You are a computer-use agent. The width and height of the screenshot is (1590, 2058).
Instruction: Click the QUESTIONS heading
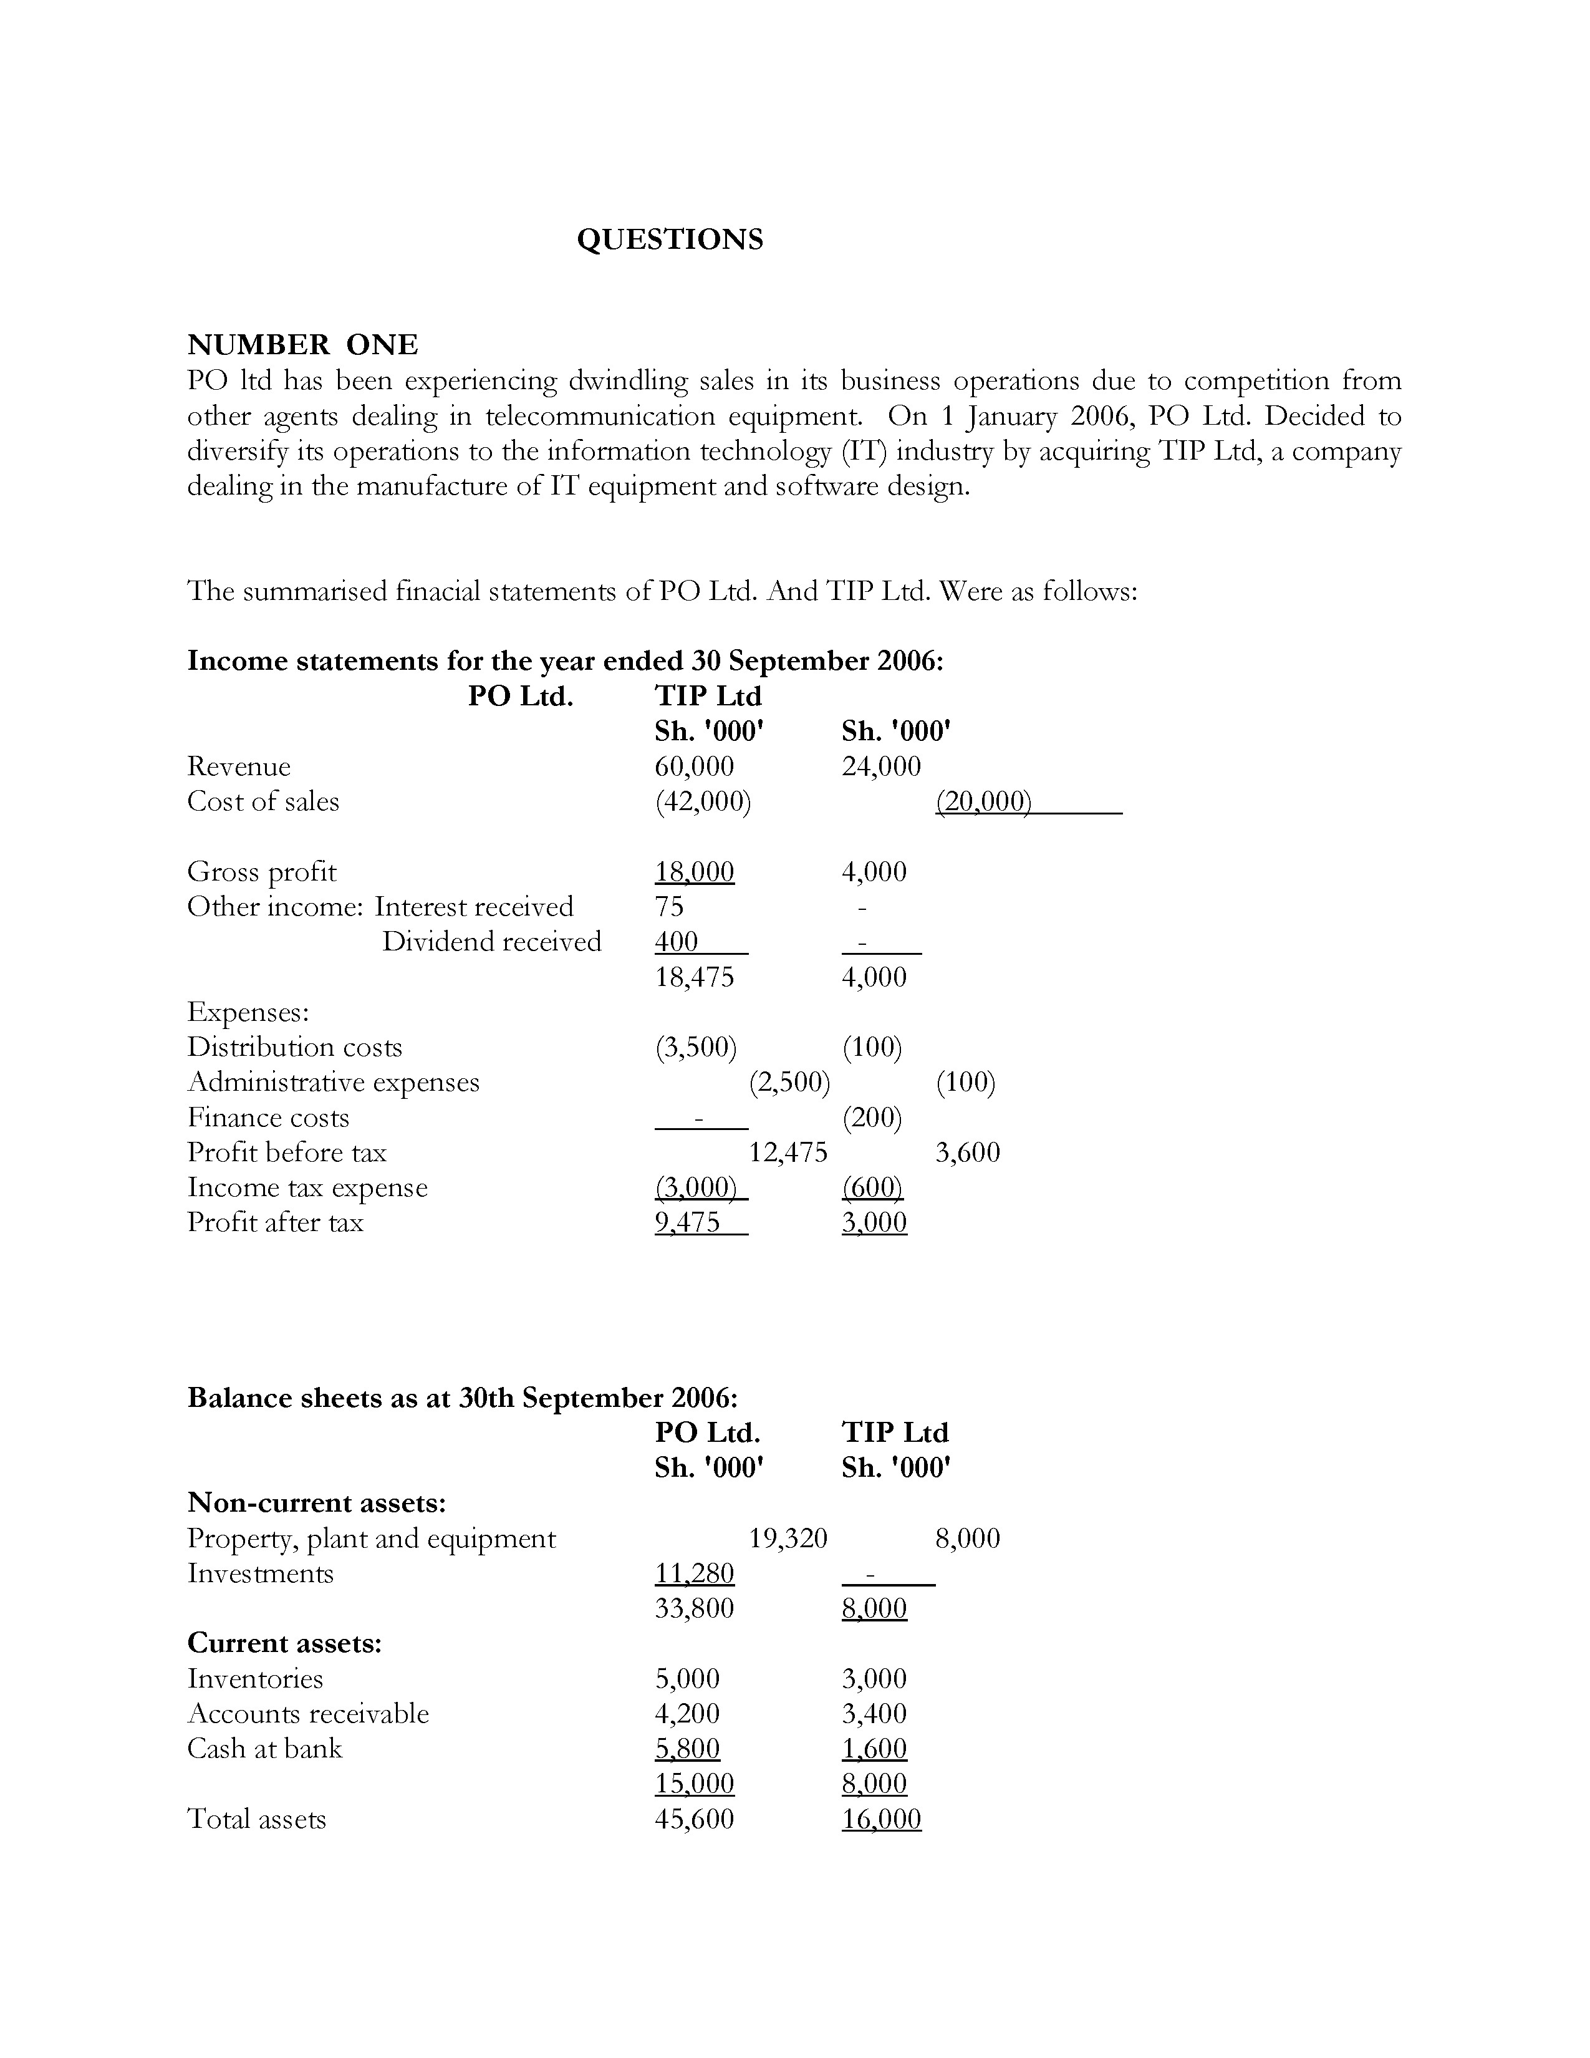click(x=670, y=239)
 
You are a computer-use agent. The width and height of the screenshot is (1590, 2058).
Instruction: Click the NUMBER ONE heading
click(x=302, y=345)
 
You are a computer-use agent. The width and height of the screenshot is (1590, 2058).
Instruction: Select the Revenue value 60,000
click(x=694, y=766)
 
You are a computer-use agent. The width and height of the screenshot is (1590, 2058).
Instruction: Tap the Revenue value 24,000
click(x=880, y=766)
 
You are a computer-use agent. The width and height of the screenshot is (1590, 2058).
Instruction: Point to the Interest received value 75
click(x=669, y=907)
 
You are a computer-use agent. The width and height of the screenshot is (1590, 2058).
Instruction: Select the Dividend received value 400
click(x=677, y=941)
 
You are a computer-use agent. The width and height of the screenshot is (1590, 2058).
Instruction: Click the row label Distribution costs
click(x=294, y=1047)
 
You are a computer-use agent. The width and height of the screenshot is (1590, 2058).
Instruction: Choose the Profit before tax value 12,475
click(x=788, y=1152)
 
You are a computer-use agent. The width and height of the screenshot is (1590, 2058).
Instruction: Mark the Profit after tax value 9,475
click(x=688, y=1222)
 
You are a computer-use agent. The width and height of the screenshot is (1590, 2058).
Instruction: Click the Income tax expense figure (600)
click(x=872, y=1187)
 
